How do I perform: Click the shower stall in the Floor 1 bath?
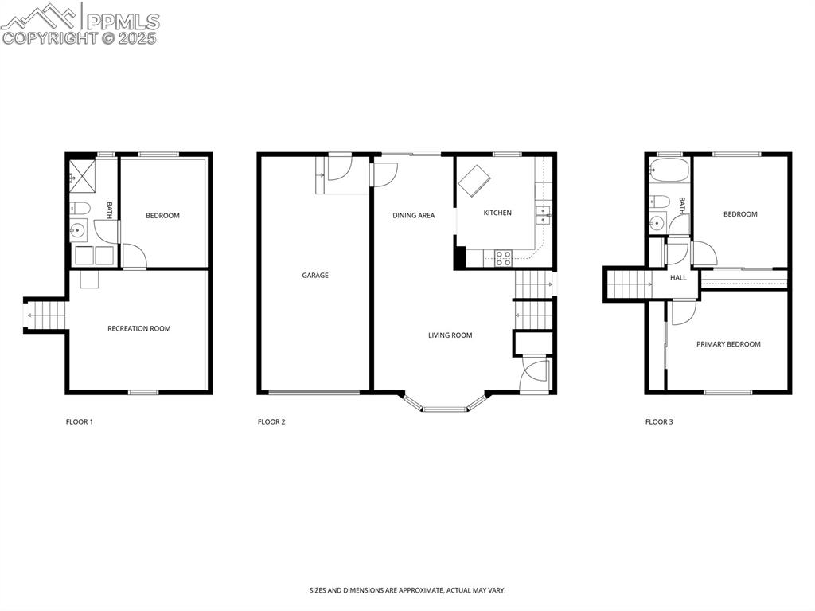tap(81, 173)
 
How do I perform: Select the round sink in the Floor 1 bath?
tap(78, 231)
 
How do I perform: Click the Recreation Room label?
tap(139, 328)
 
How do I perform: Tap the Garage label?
tap(315, 276)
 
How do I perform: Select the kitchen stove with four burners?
tap(503, 257)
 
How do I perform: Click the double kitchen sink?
tap(544, 213)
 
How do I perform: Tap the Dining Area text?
tap(413, 216)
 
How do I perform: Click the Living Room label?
tap(450, 335)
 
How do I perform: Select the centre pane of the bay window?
tap(445, 409)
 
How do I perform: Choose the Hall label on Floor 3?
tap(678, 278)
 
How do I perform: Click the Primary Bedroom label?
tap(728, 344)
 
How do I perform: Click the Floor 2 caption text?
tap(271, 422)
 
